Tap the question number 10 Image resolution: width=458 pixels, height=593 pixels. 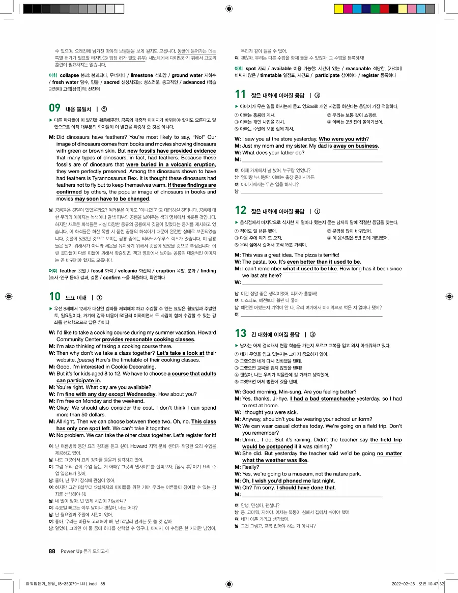(x=54, y=297)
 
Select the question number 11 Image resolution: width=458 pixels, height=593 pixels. (x=241, y=94)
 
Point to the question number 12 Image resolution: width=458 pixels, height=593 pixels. (x=241, y=211)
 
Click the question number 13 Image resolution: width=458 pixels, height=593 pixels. (x=241, y=334)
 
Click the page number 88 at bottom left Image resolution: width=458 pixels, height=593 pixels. (x=51, y=551)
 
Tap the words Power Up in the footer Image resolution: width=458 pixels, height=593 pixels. (x=71, y=551)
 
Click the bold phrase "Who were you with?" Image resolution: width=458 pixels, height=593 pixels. (x=343, y=139)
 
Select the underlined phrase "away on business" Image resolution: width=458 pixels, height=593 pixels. (x=356, y=146)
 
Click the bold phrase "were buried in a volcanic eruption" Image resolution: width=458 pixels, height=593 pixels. (x=171, y=164)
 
